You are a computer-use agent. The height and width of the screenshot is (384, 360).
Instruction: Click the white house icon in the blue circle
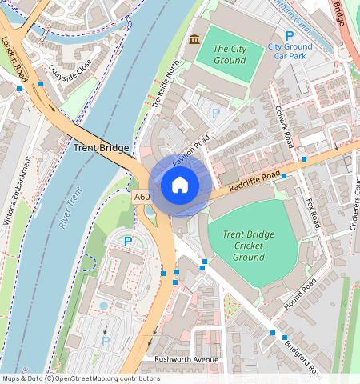[180, 186]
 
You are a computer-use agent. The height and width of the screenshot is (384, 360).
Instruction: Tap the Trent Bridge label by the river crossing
[100, 148]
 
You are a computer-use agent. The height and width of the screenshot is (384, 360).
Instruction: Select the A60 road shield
[142, 197]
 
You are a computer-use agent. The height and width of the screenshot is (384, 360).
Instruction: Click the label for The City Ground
[230, 54]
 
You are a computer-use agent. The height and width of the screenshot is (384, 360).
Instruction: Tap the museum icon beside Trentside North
[194, 39]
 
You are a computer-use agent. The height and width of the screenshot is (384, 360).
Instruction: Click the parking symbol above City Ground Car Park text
[290, 35]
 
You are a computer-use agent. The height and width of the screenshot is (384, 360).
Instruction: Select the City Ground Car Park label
[290, 52]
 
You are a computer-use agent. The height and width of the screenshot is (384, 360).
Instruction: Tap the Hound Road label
[299, 295]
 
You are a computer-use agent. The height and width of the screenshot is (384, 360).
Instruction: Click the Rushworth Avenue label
[186, 359]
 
